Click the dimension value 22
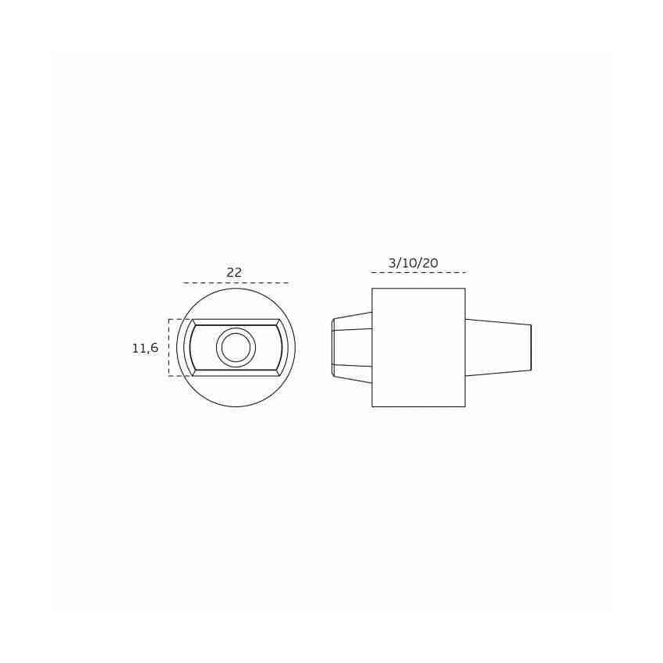234,272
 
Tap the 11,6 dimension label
145,348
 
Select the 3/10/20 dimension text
413,263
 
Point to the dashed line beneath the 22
236,282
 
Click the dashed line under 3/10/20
418,273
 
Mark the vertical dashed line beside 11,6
168,348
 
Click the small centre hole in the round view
236,347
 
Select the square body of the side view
418,348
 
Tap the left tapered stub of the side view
352,348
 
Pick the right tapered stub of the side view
498,348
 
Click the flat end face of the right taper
531,348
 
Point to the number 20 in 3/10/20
430,263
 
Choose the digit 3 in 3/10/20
392,263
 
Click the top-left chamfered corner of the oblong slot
192,322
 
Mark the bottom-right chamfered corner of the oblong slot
279,373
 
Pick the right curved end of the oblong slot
285,348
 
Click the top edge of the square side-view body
418,289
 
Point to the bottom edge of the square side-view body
418,406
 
